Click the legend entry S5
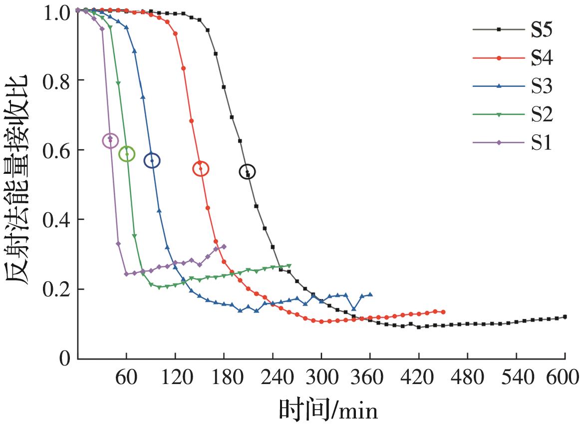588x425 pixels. point(542,30)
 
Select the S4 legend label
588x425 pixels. point(542,58)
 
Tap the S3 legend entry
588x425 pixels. point(542,86)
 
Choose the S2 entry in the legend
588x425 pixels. point(542,114)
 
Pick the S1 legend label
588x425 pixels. point(542,143)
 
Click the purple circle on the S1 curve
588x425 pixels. point(110,140)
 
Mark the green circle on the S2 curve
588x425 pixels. point(127,154)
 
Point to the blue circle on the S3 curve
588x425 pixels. point(152,160)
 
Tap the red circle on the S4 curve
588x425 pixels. point(201,169)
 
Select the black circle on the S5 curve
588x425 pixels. point(247,172)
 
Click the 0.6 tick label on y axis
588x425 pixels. point(56,150)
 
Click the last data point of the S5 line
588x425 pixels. point(565,317)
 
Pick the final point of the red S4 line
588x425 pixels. point(443,312)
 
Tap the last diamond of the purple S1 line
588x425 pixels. point(224,247)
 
